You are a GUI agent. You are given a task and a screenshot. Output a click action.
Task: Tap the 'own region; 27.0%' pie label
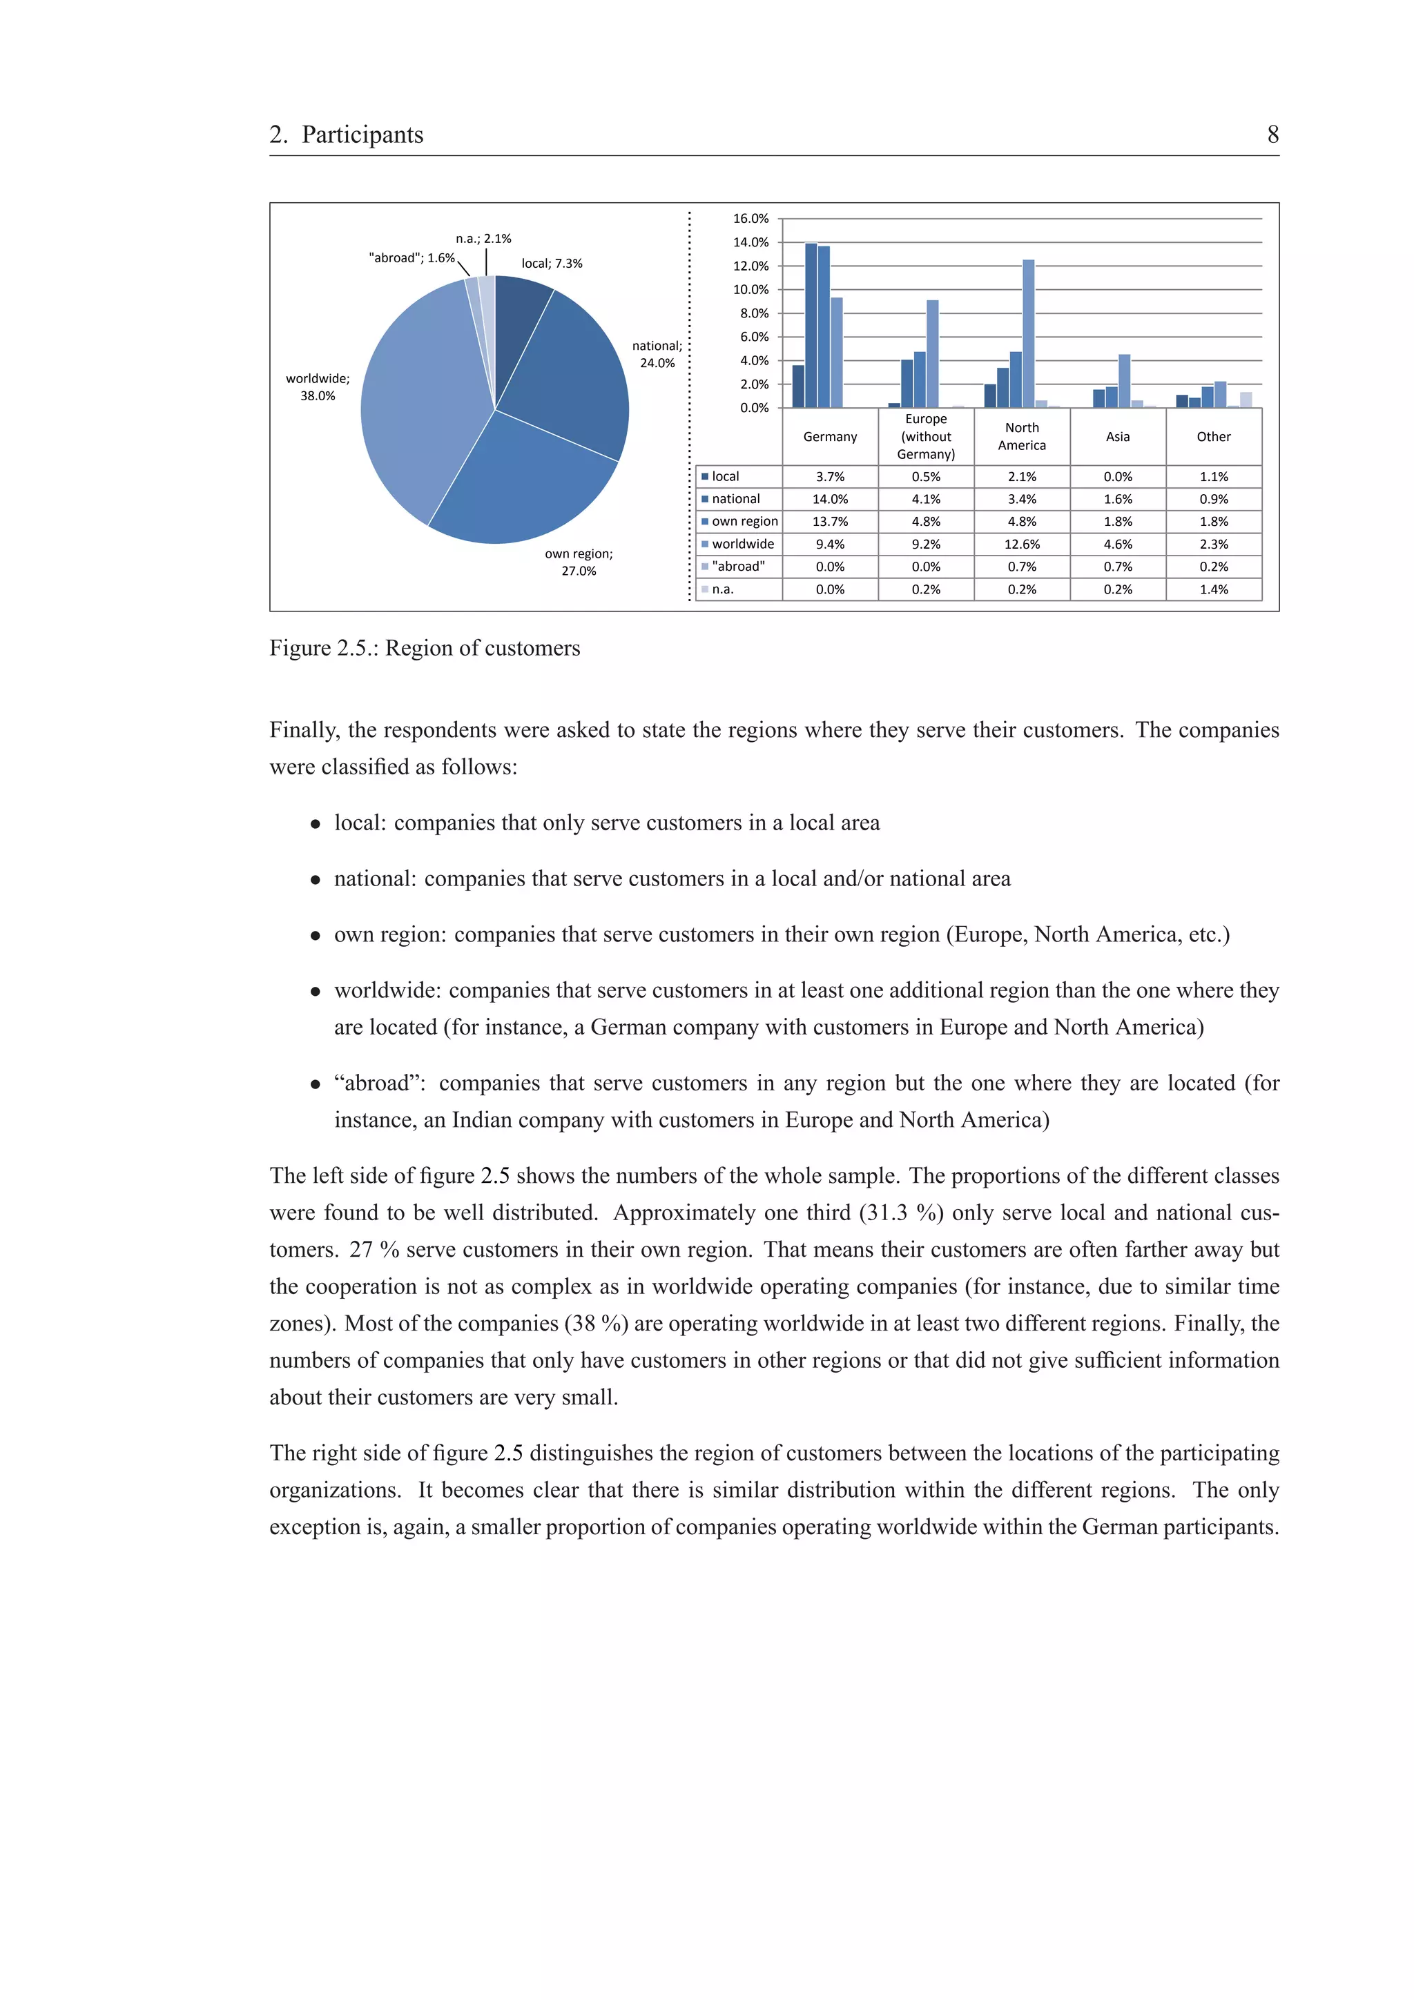[x=579, y=562]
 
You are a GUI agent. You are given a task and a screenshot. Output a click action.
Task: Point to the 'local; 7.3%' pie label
[x=552, y=263]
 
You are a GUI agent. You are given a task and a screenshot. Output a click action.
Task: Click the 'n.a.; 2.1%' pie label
[x=483, y=239]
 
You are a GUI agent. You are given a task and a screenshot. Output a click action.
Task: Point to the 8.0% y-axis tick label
[x=754, y=313]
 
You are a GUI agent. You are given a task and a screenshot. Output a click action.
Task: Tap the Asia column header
[x=1117, y=436]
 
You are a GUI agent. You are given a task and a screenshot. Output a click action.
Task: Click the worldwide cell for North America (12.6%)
[x=1021, y=544]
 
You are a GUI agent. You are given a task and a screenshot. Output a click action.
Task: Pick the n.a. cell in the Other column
[x=1213, y=589]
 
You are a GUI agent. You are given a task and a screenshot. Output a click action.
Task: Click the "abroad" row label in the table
[x=738, y=566]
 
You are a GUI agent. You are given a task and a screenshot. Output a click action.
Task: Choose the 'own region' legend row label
[x=744, y=521]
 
